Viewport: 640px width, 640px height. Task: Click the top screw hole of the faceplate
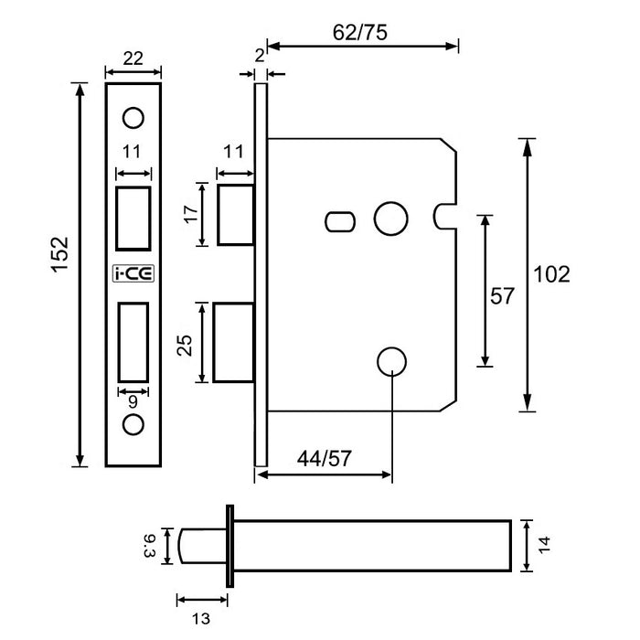pyautogui.click(x=133, y=118)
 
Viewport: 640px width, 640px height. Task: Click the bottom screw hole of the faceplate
pyautogui.click(x=133, y=425)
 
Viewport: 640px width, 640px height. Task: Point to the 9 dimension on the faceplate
pyautogui.click(x=133, y=399)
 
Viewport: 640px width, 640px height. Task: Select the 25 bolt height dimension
pyautogui.click(x=185, y=344)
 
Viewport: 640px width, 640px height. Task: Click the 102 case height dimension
pyautogui.click(x=550, y=274)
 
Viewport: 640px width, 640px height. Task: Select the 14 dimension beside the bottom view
pyautogui.click(x=545, y=545)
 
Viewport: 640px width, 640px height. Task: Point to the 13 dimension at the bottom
pyautogui.click(x=202, y=618)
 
